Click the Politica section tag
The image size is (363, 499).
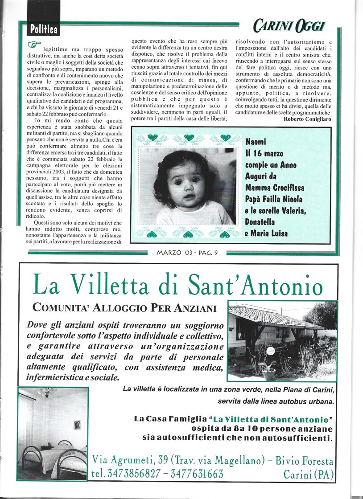[44, 30]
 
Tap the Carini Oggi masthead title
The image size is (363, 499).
[289, 26]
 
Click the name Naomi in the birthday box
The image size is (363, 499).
[256, 142]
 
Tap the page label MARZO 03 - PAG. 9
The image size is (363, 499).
[187, 253]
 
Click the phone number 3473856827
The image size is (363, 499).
[125, 474]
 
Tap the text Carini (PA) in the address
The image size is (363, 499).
[309, 474]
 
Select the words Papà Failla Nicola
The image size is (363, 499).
[274, 200]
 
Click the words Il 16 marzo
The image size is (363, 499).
[264, 154]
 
